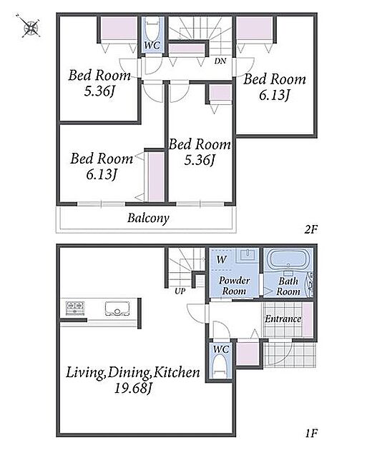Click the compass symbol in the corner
tap(31, 28)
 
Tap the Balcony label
tap(148, 218)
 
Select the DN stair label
tap(220, 61)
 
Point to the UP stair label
tap(180, 291)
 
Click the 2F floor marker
tap(310, 229)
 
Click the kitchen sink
tap(117, 309)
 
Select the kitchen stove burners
tap(75, 308)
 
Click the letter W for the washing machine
tap(221, 260)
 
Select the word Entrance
tap(283, 319)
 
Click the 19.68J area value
tap(133, 389)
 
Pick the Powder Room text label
tap(235, 286)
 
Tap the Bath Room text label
tap(288, 286)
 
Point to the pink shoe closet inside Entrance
tap(308, 320)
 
